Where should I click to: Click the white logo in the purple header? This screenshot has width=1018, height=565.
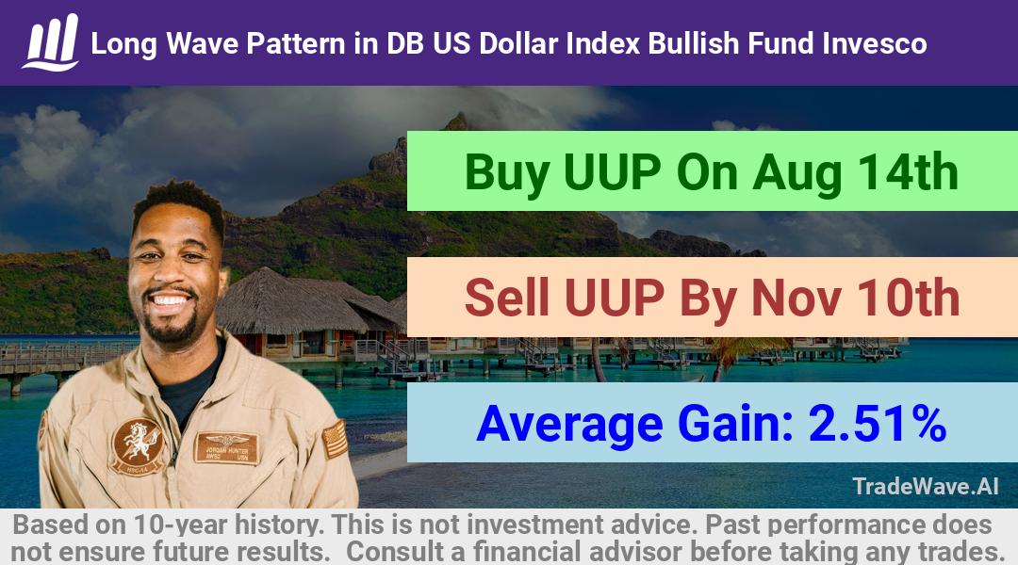(x=51, y=42)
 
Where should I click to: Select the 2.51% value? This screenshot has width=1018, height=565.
(x=878, y=423)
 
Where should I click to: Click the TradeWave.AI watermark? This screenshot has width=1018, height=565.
(x=926, y=486)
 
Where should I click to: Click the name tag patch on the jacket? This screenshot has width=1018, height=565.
(x=226, y=447)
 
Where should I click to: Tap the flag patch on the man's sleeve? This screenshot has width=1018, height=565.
(x=335, y=439)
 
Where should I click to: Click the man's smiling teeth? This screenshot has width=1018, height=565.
(x=170, y=300)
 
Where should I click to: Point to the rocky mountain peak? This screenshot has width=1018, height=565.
(x=456, y=121)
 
